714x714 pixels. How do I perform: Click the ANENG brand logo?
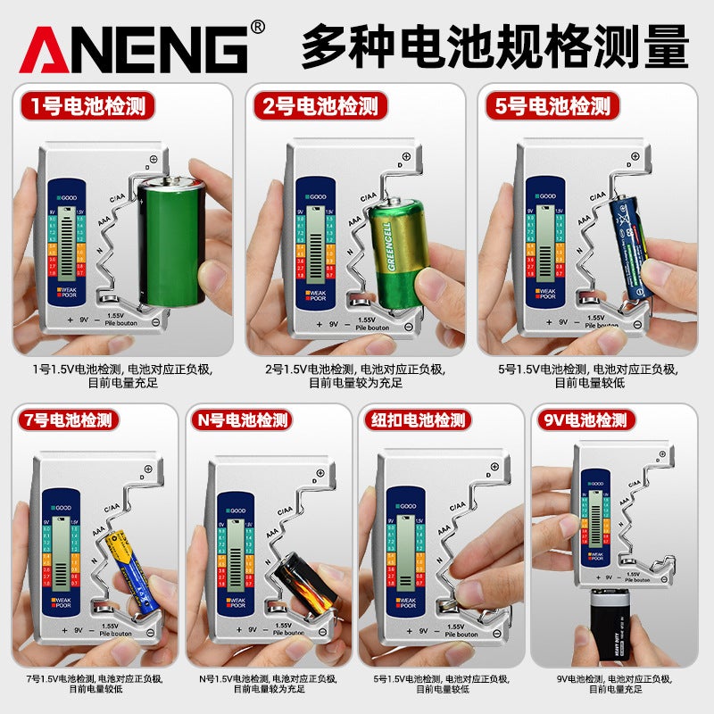tap(134, 46)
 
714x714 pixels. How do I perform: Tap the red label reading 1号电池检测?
tap(86, 107)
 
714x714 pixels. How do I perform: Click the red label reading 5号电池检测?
tap(553, 107)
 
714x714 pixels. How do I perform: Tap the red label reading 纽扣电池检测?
tap(418, 419)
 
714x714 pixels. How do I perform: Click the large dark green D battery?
tap(172, 241)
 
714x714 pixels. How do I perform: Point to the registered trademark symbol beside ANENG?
tap(258, 27)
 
